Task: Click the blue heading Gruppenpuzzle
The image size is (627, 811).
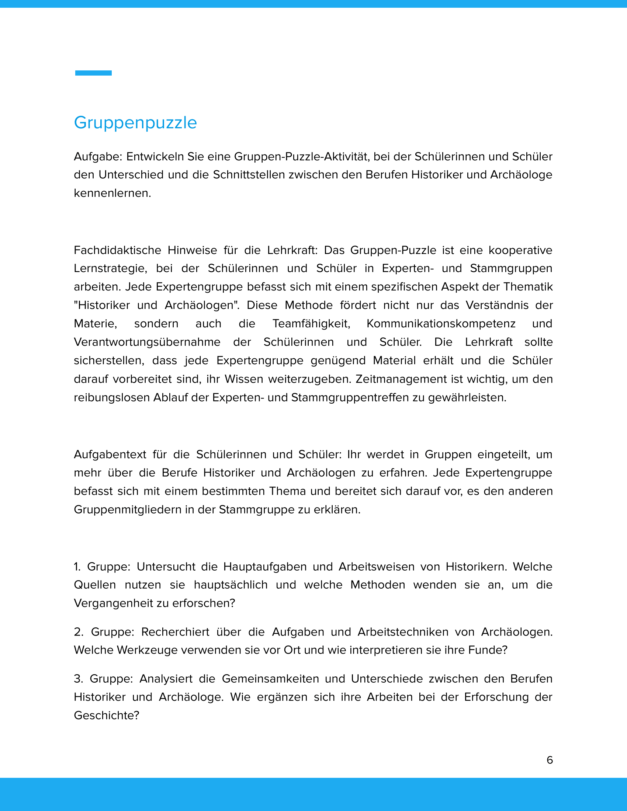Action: coord(135,123)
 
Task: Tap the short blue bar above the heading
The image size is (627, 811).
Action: coord(93,73)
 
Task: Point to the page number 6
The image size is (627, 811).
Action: coord(550,760)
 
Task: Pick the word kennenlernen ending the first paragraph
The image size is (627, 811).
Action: coord(112,193)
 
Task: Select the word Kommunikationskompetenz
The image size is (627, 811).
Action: coord(441,323)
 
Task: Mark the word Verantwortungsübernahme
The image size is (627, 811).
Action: coord(147,342)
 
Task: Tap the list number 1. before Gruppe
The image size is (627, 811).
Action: coord(77,567)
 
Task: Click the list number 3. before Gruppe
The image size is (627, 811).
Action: coord(78,678)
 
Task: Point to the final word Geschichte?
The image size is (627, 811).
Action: coord(106,715)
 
